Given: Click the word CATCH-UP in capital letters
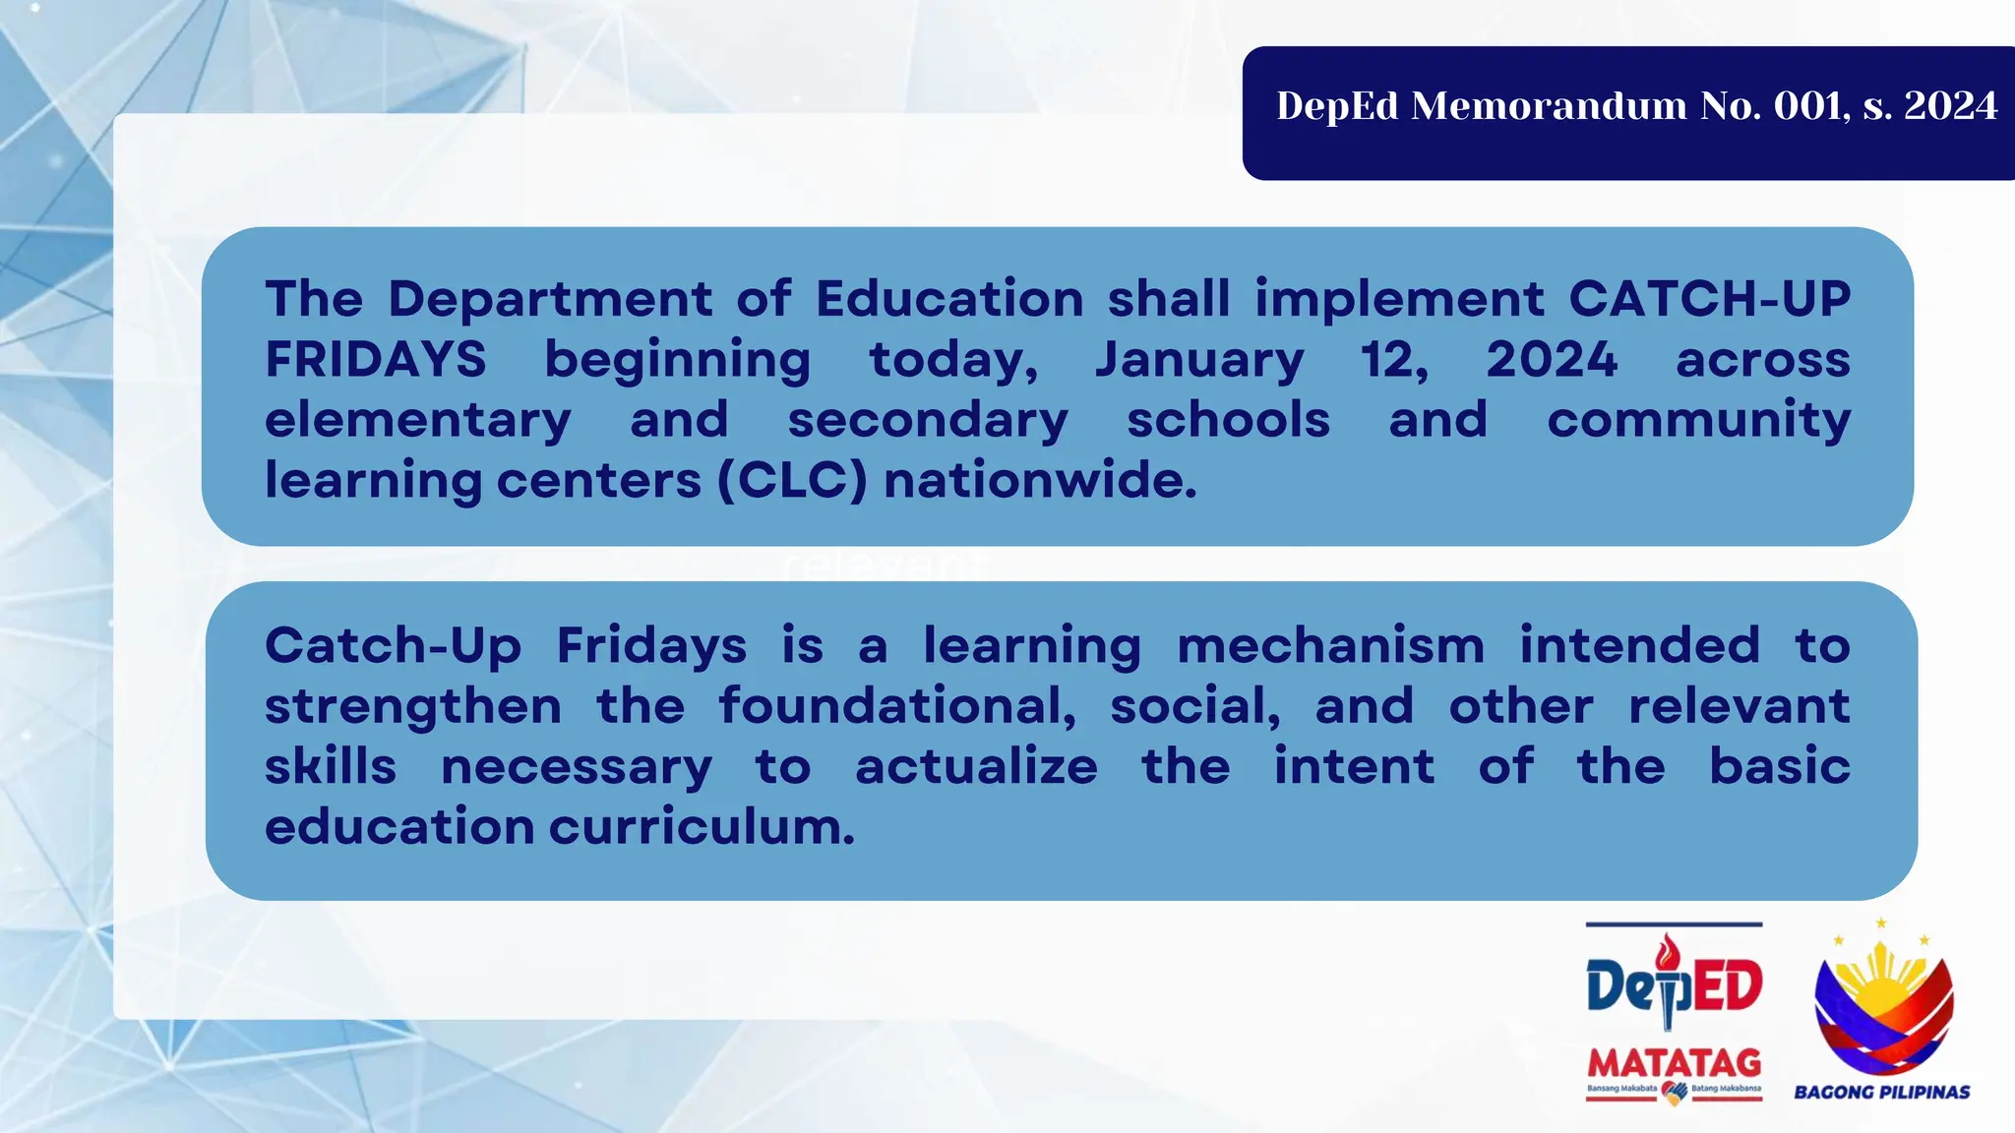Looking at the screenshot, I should point(1709,298).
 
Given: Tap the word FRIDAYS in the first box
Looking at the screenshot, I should point(376,359).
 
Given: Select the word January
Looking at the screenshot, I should point(1199,359).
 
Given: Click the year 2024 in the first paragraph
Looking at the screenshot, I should point(1552,359).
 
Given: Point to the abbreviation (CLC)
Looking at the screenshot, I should point(792,480).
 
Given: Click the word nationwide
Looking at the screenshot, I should point(1040,480).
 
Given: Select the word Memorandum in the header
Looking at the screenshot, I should point(1549,106).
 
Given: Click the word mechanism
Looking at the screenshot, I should point(1330,646).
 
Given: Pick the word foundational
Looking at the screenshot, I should point(896,706).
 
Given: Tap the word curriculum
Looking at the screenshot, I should point(702,826).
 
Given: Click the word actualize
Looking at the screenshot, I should point(976,766).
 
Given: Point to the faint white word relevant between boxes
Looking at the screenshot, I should point(883,566).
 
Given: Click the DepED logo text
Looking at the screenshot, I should point(1674,986).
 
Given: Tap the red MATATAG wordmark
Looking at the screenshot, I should point(1674,1063).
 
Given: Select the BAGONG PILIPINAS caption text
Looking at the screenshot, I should point(1881,1092).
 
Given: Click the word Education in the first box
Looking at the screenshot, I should point(949,298).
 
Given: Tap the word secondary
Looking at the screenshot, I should point(927,420).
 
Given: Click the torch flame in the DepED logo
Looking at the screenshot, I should point(1666,950).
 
